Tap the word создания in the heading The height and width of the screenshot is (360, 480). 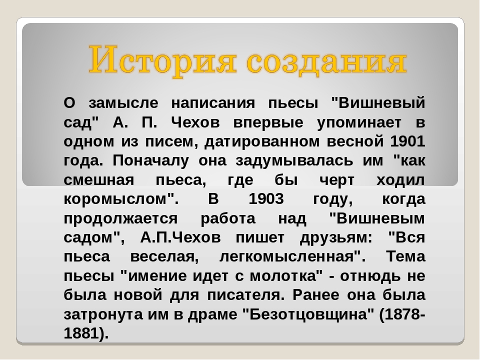coord(326,61)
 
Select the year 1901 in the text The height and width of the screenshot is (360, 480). coord(408,141)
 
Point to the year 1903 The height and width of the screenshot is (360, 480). coord(266,199)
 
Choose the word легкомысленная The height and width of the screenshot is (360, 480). coord(287,257)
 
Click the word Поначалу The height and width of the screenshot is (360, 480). coord(151,160)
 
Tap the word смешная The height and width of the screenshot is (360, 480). coord(99,180)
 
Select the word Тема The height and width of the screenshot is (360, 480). coord(405,256)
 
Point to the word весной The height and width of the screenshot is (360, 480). coord(355,141)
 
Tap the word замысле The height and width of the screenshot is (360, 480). coord(123,103)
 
